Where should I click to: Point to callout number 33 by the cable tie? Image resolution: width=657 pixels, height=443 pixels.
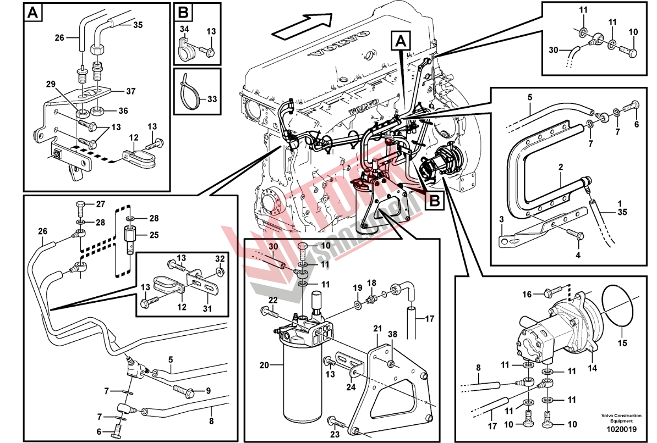[211, 99]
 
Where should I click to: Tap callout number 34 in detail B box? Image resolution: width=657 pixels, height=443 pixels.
[184, 29]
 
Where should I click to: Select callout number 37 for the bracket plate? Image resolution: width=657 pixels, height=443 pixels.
[131, 91]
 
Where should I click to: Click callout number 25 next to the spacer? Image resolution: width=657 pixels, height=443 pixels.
[154, 235]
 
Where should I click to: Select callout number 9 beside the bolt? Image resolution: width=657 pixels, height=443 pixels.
[208, 391]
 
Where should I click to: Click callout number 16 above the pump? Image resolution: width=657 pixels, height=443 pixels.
[527, 295]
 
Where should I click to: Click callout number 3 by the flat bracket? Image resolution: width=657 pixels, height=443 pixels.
[501, 220]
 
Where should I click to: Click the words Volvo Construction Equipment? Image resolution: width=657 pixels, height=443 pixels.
[621, 418]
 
